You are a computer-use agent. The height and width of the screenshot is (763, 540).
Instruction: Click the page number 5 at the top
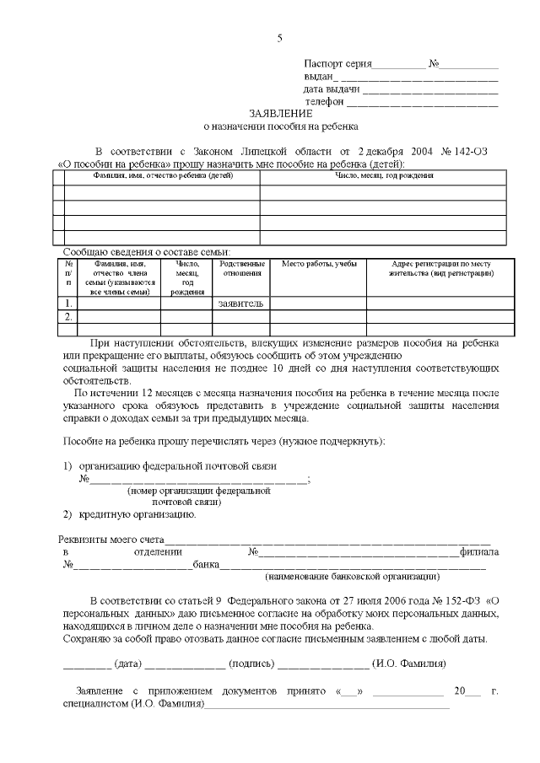coord(280,38)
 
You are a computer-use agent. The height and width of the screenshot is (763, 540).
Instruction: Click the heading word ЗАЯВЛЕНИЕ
coord(280,113)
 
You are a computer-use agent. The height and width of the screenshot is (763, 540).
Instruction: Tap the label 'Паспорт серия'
coord(337,64)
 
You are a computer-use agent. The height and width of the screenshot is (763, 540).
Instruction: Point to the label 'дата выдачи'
coord(332,89)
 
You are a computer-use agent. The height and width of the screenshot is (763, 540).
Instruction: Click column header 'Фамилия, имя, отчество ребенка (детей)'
coord(162,176)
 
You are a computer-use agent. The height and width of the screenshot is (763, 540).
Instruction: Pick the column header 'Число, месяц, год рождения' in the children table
coord(383,176)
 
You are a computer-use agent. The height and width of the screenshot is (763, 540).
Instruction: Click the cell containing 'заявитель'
coord(240,303)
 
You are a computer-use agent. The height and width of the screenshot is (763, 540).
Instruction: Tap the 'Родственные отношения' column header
coord(240,270)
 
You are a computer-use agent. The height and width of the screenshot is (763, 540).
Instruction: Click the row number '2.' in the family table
coord(69,316)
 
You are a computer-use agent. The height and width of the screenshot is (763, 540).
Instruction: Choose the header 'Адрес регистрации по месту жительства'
coord(440,270)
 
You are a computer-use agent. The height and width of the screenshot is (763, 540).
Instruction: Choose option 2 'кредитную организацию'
coord(138,514)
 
